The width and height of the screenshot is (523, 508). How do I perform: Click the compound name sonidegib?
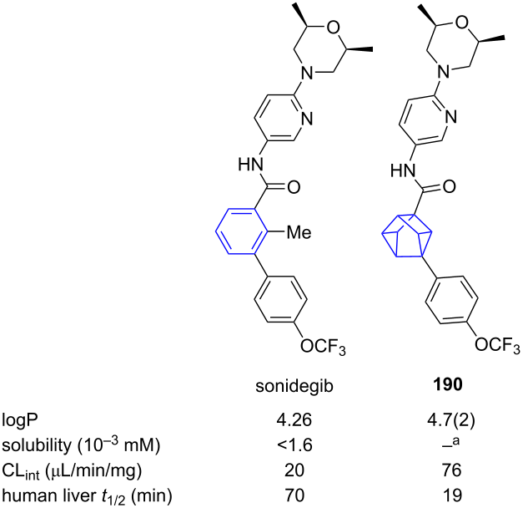(294, 386)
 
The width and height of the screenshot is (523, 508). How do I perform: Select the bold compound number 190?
(448, 385)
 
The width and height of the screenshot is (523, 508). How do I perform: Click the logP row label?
(20, 420)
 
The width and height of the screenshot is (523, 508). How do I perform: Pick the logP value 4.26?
(294, 419)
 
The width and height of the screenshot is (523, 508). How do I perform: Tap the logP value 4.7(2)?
(448, 420)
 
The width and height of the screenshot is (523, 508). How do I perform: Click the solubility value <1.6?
(294, 444)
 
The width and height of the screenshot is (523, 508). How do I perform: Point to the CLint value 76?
(452, 470)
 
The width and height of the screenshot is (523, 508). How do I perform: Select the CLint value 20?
(294, 470)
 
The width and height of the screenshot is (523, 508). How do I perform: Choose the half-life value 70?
(294, 495)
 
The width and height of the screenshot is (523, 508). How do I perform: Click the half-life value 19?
(453, 495)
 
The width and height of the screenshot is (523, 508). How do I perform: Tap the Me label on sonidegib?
(299, 232)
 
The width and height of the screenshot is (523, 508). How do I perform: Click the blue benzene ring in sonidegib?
(216, 231)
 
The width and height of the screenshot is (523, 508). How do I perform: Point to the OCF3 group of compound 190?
(497, 345)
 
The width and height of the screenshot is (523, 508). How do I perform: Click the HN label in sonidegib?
(250, 165)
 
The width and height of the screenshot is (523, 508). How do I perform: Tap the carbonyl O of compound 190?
(449, 187)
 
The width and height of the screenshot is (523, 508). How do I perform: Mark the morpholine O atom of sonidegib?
(333, 28)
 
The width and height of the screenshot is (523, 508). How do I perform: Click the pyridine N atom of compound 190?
(450, 117)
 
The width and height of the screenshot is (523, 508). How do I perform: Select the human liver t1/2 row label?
(87, 496)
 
